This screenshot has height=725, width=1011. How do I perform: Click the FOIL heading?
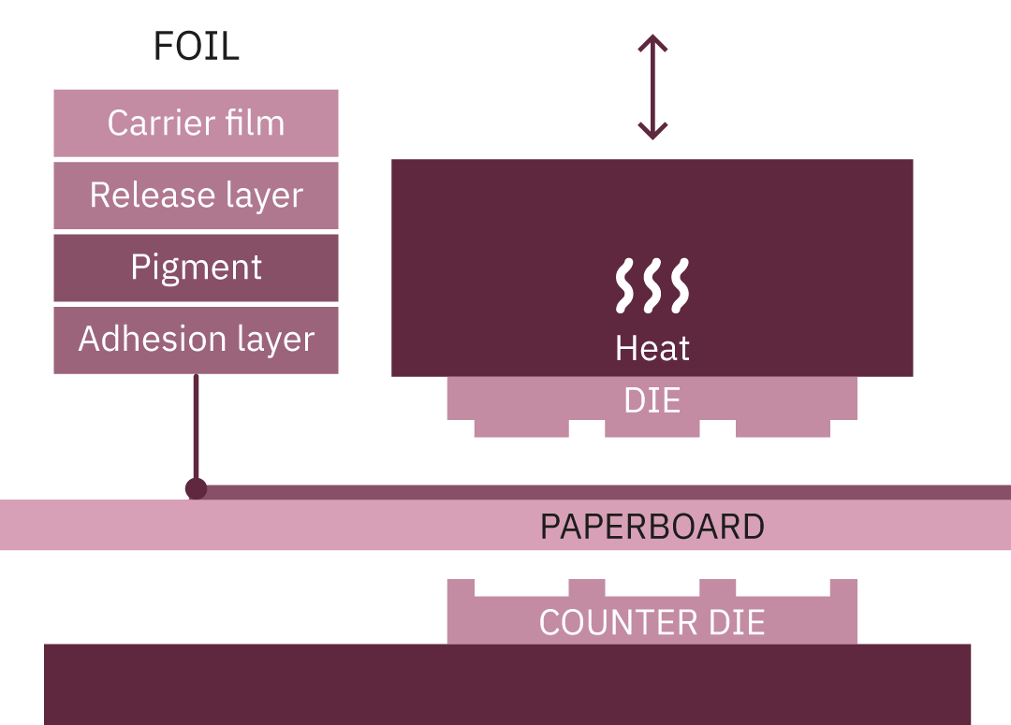[196, 47]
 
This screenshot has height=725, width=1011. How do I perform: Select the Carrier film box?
[196, 123]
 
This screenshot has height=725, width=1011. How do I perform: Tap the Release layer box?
[196, 195]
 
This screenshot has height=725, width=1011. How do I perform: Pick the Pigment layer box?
[196, 267]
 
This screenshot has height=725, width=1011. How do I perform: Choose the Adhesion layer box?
[196, 339]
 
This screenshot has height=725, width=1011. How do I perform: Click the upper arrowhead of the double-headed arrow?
[652, 44]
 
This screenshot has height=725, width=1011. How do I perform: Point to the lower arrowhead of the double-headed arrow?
[652, 130]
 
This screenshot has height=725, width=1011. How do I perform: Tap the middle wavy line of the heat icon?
[652, 284]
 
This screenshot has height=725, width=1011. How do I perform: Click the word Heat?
[652, 348]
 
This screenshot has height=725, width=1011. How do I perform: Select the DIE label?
[652, 400]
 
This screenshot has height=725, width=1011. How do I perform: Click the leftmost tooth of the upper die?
[521, 428]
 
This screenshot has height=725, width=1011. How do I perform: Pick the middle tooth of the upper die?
[652, 428]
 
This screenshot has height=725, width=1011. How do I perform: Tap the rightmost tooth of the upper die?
[783, 428]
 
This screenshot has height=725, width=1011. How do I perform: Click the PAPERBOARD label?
[652, 527]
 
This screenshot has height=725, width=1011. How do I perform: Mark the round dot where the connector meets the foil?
[196, 488]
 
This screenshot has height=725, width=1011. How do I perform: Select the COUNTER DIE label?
[652, 622]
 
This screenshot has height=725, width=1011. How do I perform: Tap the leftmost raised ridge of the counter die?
[461, 588]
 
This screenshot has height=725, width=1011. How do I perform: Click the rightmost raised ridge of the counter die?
[843, 588]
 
